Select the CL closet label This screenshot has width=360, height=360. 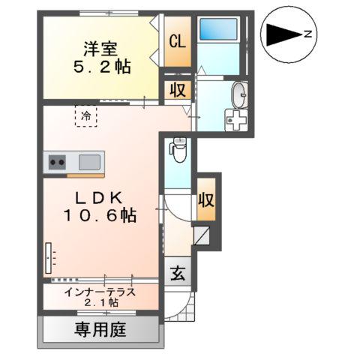pos(178,41)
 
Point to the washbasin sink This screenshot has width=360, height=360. pos(238,95)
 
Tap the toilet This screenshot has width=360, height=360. pos(178,150)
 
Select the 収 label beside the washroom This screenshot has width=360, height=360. pos(178,91)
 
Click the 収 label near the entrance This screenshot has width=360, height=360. pos(207,200)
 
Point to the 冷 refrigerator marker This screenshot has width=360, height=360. pos(87,116)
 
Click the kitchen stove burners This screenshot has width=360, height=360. pos(56,160)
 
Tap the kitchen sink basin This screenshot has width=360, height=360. pos(89,160)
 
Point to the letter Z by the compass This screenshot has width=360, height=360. pos(308,33)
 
